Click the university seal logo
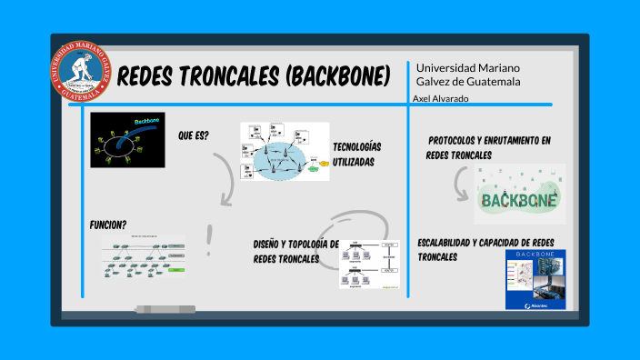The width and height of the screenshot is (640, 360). pyautogui.click(x=81, y=72)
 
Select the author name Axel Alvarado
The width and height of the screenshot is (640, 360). pyautogui.click(x=441, y=98)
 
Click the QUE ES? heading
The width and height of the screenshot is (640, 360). pyautogui.click(x=194, y=135)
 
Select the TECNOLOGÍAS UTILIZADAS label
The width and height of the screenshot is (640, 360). pyautogui.click(x=356, y=154)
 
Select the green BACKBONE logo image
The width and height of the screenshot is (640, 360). pyautogui.click(x=519, y=195)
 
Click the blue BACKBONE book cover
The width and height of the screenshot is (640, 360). pyautogui.click(x=535, y=280)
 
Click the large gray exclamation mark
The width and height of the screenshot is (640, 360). pyautogui.click(x=211, y=240)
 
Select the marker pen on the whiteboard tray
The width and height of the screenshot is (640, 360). pyautogui.click(x=163, y=309)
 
